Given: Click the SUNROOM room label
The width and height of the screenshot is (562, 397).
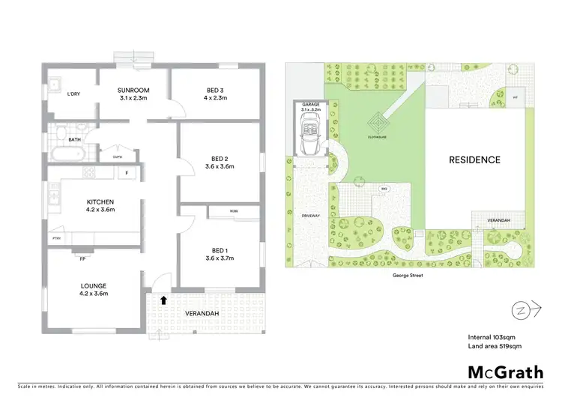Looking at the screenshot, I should pos(136,91).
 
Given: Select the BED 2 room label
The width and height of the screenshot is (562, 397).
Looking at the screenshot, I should pos(220,159).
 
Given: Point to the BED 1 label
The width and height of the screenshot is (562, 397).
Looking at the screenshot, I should pos(220,237).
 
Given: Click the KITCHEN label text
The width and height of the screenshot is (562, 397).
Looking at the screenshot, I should pos(100,201).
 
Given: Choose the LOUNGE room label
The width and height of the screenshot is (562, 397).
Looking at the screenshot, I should pos(94,285).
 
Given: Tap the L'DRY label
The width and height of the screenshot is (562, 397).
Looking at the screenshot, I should pos(73,94).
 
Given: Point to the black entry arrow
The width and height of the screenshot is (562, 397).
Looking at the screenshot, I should pos(163,300).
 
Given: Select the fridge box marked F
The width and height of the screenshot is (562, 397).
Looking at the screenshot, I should pos(127,174).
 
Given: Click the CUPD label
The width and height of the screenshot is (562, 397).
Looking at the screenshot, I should pos(117,157).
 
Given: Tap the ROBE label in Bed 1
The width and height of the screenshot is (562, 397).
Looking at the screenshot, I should pos(234,211).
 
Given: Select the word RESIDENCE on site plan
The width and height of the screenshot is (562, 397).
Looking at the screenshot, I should pos(474,160).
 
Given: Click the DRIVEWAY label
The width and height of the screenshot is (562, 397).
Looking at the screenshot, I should pos(310,215).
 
